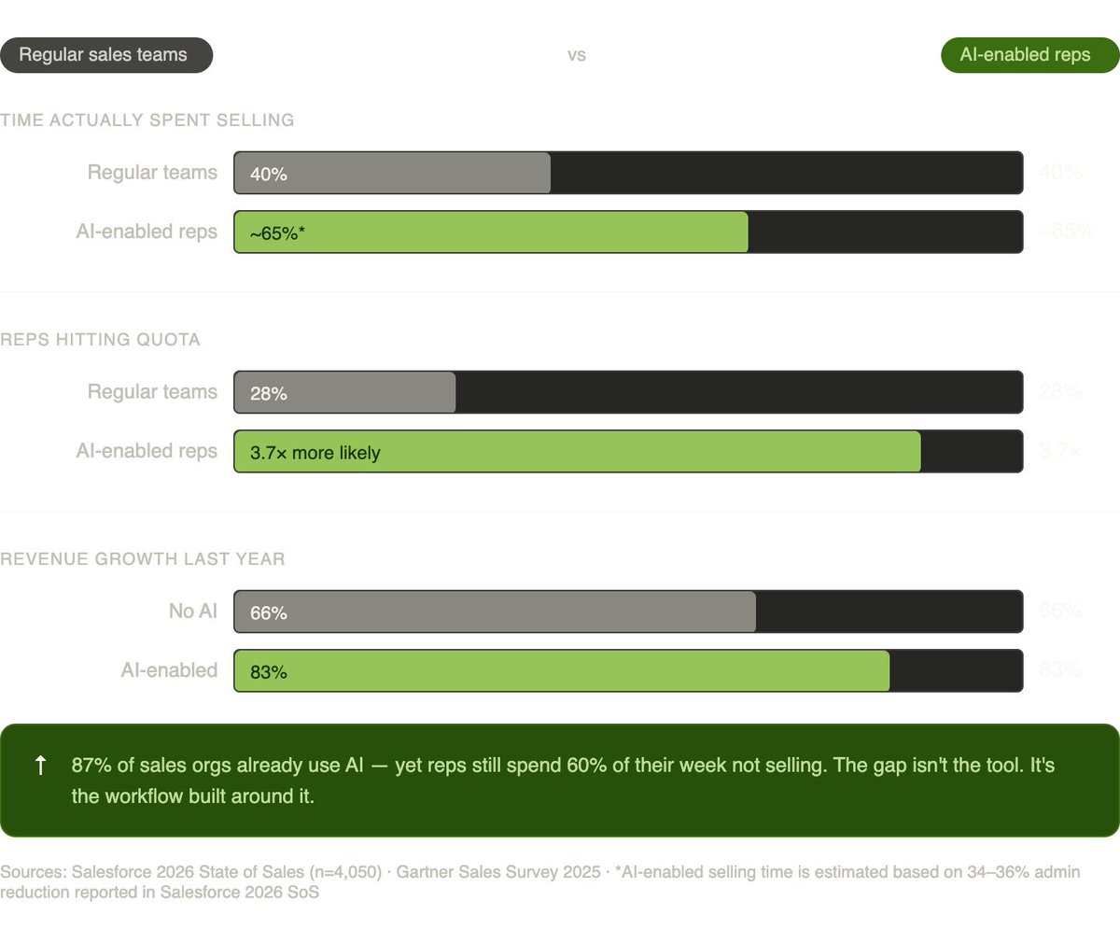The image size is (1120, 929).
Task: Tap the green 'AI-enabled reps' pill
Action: [1025, 55]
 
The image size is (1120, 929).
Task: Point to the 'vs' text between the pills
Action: [577, 55]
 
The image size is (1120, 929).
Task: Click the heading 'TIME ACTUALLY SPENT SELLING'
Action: [147, 120]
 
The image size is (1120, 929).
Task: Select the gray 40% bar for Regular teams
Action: [392, 173]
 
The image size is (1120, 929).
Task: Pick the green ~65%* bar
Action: [491, 232]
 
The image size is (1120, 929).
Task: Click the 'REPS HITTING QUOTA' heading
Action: [101, 340]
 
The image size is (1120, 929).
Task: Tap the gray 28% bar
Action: [345, 392]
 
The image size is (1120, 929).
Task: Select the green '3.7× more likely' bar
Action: [577, 452]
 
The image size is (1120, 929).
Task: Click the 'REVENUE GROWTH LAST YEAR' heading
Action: [143, 559]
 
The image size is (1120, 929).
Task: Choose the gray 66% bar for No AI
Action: [495, 612]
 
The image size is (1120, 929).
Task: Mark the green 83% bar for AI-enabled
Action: [561, 670]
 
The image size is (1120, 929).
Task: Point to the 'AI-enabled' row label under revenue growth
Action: [169, 670]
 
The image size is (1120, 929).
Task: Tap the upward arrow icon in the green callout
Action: [40, 767]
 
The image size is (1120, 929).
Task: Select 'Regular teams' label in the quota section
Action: [152, 392]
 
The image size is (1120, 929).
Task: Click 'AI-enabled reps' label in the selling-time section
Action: [147, 232]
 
